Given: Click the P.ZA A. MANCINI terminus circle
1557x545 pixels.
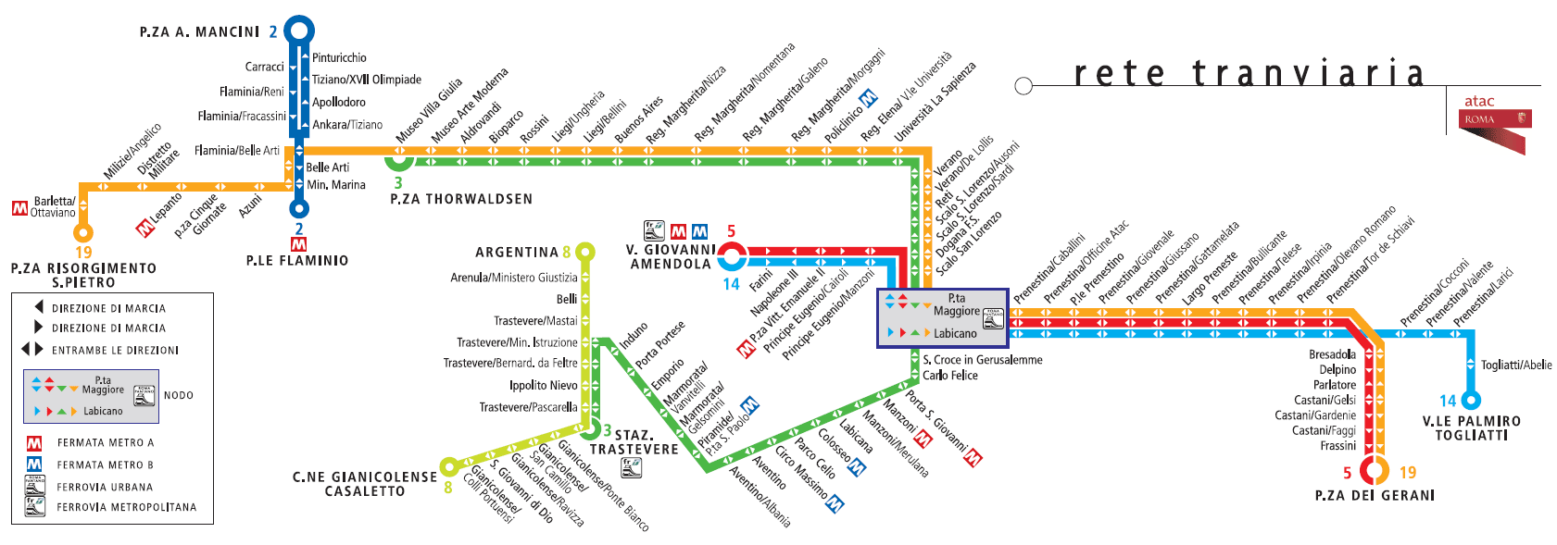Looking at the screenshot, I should pyautogui.click(x=298, y=31).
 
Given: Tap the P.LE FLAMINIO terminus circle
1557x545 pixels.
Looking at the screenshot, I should pyautogui.click(x=298, y=209).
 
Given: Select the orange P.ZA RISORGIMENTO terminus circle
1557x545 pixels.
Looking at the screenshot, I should pyautogui.click(x=83, y=231).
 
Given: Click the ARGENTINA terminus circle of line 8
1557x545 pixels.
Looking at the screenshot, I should pyautogui.click(x=584, y=252).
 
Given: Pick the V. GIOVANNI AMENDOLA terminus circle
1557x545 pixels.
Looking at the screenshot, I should pyautogui.click(x=732, y=256).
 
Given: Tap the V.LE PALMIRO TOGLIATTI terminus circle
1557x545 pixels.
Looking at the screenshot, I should pyautogui.click(x=1470, y=400).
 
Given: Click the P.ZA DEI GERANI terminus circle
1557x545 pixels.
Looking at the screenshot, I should pyautogui.click(x=1376, y=470).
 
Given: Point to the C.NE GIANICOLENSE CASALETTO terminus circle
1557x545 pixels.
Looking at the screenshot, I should pyautogui.click(x=449, y=465).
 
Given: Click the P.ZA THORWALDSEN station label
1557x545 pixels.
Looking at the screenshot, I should pyautogui.click(x=461, y=199).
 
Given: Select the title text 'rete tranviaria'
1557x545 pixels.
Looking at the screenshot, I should pyautogui.click(x=1249, y=73).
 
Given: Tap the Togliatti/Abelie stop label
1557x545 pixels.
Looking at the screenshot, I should pyautogui.click(x=1516, y=365).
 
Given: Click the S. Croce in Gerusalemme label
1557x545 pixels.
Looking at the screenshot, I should pyautogui.click(x=982, y=360).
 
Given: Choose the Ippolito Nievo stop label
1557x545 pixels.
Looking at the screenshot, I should pyautogui.click(x=543, y=386).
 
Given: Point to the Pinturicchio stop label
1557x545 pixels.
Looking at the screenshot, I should pyautogui.click(x=339, y=58).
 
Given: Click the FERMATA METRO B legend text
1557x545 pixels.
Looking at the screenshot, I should pyautogui.click(x=105, y=465).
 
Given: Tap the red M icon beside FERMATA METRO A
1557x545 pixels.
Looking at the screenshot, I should pyautogui.click(x=34, y=443).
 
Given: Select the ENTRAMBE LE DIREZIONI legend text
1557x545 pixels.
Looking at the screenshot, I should pyautogui.click(x=115, y=351).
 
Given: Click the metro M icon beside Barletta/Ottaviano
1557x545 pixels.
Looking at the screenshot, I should pyautogui.click(x=19, y=208).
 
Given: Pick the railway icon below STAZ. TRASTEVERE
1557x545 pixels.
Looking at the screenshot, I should pyautogui.click(x=631, y=467).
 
